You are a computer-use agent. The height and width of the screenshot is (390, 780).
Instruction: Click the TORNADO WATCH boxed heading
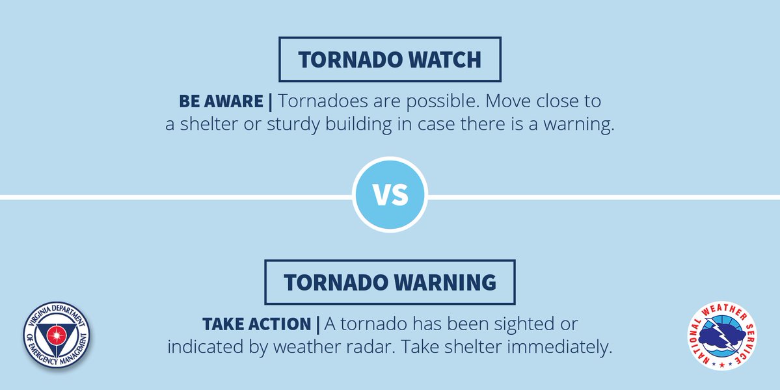(390, 59)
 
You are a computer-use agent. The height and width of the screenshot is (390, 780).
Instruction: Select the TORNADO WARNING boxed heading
(390, 282)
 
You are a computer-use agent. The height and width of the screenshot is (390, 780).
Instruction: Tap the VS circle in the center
(390, 194)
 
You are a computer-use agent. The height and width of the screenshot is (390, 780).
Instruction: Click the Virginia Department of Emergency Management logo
(57, 335)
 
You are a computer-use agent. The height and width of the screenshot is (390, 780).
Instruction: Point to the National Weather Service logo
(723, 337)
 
